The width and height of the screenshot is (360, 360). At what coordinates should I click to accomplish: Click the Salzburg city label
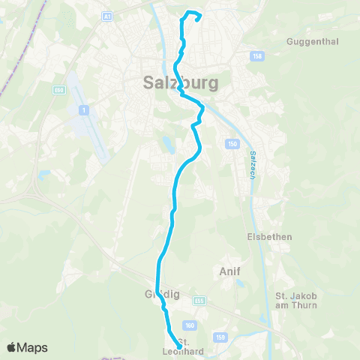(180, 83)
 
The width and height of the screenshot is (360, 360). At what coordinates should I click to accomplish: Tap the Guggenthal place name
(308, 42)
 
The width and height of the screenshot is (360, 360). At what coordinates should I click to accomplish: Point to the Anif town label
(229, 270)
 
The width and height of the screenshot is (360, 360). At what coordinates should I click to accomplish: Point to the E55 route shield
(199, 301)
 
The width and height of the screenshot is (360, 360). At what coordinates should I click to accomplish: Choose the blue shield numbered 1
(83, 110)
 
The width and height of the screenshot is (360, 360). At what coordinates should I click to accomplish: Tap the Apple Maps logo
(27, 347)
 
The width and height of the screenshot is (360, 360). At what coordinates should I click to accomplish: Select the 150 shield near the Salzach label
(232, 142)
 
